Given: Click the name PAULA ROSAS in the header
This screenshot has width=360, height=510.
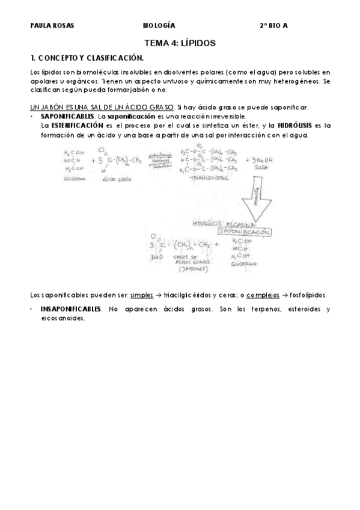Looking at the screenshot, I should [x=48, y=26].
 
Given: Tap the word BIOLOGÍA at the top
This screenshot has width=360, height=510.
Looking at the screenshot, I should [x=159, y=26].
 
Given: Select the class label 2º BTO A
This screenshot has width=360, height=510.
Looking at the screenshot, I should [x=273, y=26].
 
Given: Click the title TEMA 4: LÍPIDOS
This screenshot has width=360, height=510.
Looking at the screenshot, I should [x=180, y=43].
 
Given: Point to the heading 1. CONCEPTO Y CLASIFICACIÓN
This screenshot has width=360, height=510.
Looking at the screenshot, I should [x=87, y=58].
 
